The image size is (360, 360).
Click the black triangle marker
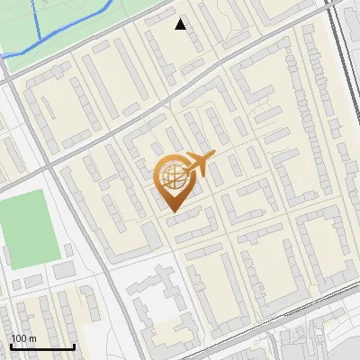click(x=181, y=24)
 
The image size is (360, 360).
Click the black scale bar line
click(x=41, y=346)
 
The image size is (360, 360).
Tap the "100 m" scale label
click(x=22, y=338)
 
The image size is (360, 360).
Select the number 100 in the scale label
click(x=18, y=338)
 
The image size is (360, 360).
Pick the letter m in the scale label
click(x=31, y=338)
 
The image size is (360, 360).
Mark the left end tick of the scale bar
click(x=10, y=345)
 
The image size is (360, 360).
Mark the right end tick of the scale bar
click(x=74, y=345)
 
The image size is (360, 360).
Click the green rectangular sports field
click(x=27, y=229)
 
